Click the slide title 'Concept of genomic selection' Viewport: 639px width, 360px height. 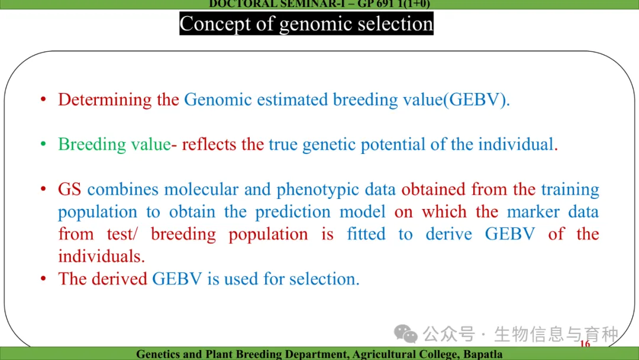(x=306, y=24)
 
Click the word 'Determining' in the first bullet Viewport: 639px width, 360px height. (x=105, y=100)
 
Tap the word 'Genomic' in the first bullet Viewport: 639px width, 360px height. (x=218, y=99)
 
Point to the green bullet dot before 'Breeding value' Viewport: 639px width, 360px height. (x=43, y=144)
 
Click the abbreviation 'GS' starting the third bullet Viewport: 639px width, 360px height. (x=69, y=189)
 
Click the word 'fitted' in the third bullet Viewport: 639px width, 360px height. (x=366, y=234)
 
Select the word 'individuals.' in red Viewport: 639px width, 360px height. (x=102, y=256)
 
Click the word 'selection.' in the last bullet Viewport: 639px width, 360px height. (x=324, y=279)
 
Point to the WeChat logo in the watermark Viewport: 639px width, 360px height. (x=405, y=334)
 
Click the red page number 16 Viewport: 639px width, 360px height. (x=585, y=343)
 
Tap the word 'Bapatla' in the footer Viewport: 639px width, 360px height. (x=483, y=354)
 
